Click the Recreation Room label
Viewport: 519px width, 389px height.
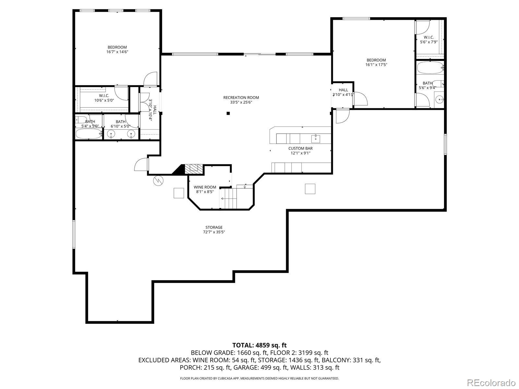pyautogui.click(x=241, y=98)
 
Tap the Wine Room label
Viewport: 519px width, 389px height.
pyautogui.click(x=205, y=187)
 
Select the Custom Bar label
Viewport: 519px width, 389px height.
pyautogui.click(x=300, y=148)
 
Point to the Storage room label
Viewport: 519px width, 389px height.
pyautogui.click(x=214, y=228)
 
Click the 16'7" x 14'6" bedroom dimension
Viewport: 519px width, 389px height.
pyautogui.click(x=117, y=52)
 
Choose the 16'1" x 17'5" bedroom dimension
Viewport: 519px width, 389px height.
pyautogui.click(x=376, y=65)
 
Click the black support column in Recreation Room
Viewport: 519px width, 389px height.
pyautogui.click(x=228, y=113)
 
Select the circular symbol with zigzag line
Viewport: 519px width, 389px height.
pyautogui.click(x=158, y=181)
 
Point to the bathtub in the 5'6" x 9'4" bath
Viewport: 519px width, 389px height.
pyautogui.click(x=429, y=67)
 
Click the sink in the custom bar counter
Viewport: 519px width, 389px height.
pyautogui.click(x=316, y=139)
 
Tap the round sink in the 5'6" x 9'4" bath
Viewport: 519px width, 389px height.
pyautogui.click(x=440, y=100)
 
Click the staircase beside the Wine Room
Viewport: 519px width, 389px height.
pyautogui.click(x=228, y=198)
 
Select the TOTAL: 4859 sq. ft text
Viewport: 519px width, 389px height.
pyautogui.click(x=259, y=345)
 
